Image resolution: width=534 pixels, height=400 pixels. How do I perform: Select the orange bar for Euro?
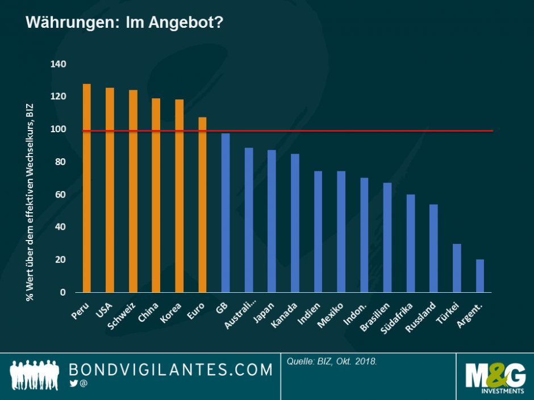pos(202,205)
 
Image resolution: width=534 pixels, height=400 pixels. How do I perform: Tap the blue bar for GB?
pos(226,213)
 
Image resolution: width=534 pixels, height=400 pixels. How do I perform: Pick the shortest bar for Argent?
pos(480,276)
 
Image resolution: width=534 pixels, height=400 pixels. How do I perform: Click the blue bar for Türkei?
pos(457,268)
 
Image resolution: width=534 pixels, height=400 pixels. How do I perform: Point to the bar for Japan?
pos(272,221)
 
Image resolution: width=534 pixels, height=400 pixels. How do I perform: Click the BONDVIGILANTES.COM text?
pos(171,370)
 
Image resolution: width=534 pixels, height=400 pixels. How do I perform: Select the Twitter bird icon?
pos(73,384)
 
